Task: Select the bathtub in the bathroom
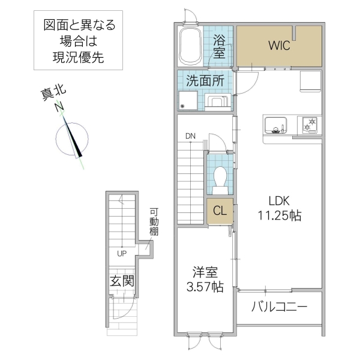(191, 44)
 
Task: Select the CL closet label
(220, 211)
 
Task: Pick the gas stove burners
(311, 125)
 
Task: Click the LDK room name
(280, 201)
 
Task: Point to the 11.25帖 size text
(280, 215)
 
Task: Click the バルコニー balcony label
(279, 307)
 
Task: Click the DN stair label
(190, 136)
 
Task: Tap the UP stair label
(122, 253)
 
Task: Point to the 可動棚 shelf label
(154, 223)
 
